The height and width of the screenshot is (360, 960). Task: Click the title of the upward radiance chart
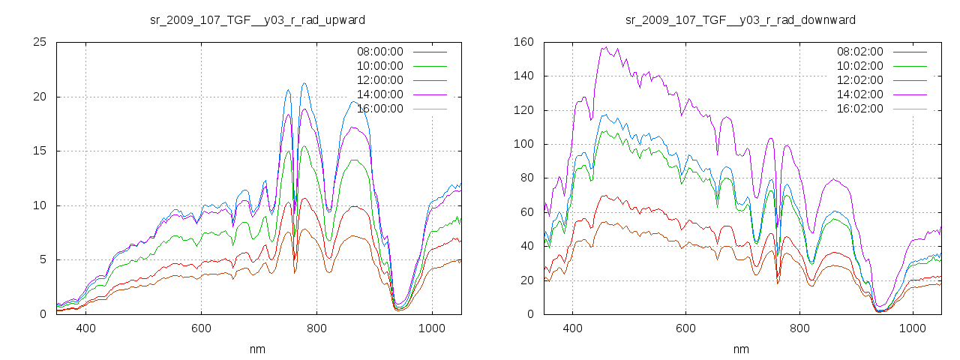click(x=258, y=19)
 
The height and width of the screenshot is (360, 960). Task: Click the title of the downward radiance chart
click(x=741, y=19)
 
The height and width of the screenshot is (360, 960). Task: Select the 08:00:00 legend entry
click(x=379, y=52)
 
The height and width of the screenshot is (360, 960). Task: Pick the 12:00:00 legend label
click(x=379, y=80)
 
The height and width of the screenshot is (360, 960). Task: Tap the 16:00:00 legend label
click(x=379, y=109)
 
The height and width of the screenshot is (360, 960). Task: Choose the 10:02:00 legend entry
click(x=859, y=66)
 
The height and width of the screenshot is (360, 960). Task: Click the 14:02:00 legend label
click(x=859, y=94)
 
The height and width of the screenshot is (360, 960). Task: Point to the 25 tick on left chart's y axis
click(x=40, y=42)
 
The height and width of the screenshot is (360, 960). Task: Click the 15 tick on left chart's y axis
click(x=40, y=151)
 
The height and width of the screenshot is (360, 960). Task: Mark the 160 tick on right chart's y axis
click(x=523, y=42)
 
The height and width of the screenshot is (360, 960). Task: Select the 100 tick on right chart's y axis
click(x=523, y=144)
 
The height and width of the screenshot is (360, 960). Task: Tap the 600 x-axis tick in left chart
click(x=201, y=328)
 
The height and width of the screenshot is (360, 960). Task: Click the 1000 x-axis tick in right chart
click(x=912, y=328)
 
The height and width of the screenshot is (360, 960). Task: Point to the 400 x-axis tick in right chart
click(x=572, y=328)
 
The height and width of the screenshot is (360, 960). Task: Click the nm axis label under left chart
click(x=258, y=349)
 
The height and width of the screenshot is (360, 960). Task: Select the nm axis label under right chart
click(x=741, y=349)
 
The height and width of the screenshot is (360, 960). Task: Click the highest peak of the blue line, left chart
click(x=304, y=83)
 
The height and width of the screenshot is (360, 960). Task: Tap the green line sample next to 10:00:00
click(x=430, y=66)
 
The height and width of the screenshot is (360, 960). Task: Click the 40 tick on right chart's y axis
click(x=526, y=246)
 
